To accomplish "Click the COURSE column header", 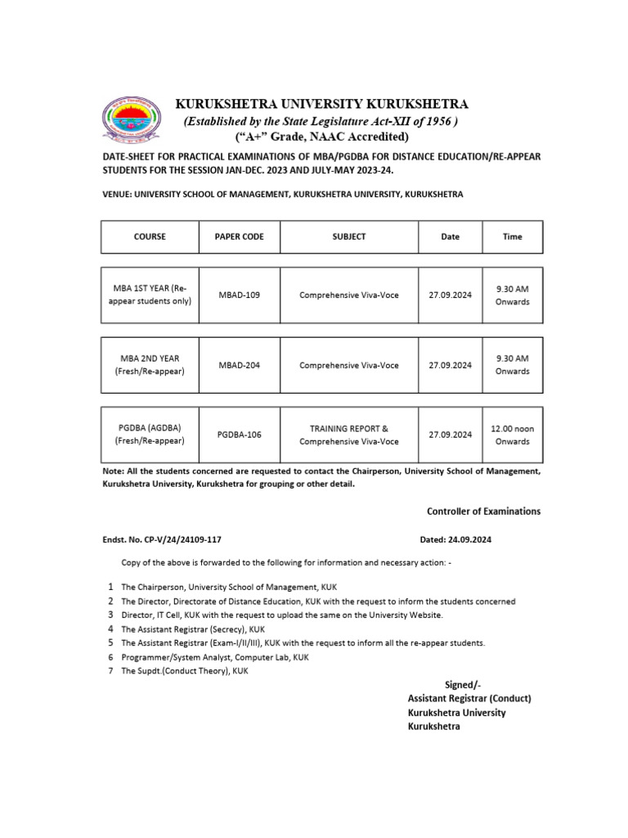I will pyautogui.click(x=150, y=237).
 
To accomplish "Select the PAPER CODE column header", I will pyautogui.click(x=239, y=237).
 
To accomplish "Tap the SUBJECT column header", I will pyautogui.click(x=349, y=237).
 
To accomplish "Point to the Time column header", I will pyautogui.click(x=512, y=237).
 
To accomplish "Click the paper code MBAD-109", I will pyautogui.click(x=239, y=295).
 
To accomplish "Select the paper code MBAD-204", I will pyautogui.click(x=239, y=365).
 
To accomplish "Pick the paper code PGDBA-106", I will pyautogui.click(x=239, y=435).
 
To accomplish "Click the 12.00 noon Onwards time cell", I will pyautogui.click(x=512, y=435).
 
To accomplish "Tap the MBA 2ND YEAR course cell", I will pyautogui.click(x=150, y=365).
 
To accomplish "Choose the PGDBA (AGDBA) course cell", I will pyautogui.click(x=150, y=435).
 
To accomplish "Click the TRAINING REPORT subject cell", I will pyautogui.click(x=349, y=435).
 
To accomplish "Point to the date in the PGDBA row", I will pyautogui.click(x=451, y=435).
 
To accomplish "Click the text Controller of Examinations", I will pyautogui.click(x=483, y=511).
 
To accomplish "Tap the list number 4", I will pyautogui.click(x=110, y=629).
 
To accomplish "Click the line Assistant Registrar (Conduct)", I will pyautogui.click(x=469, y=698).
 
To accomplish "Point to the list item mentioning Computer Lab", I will pyautogui.click(x=215, y=657).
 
